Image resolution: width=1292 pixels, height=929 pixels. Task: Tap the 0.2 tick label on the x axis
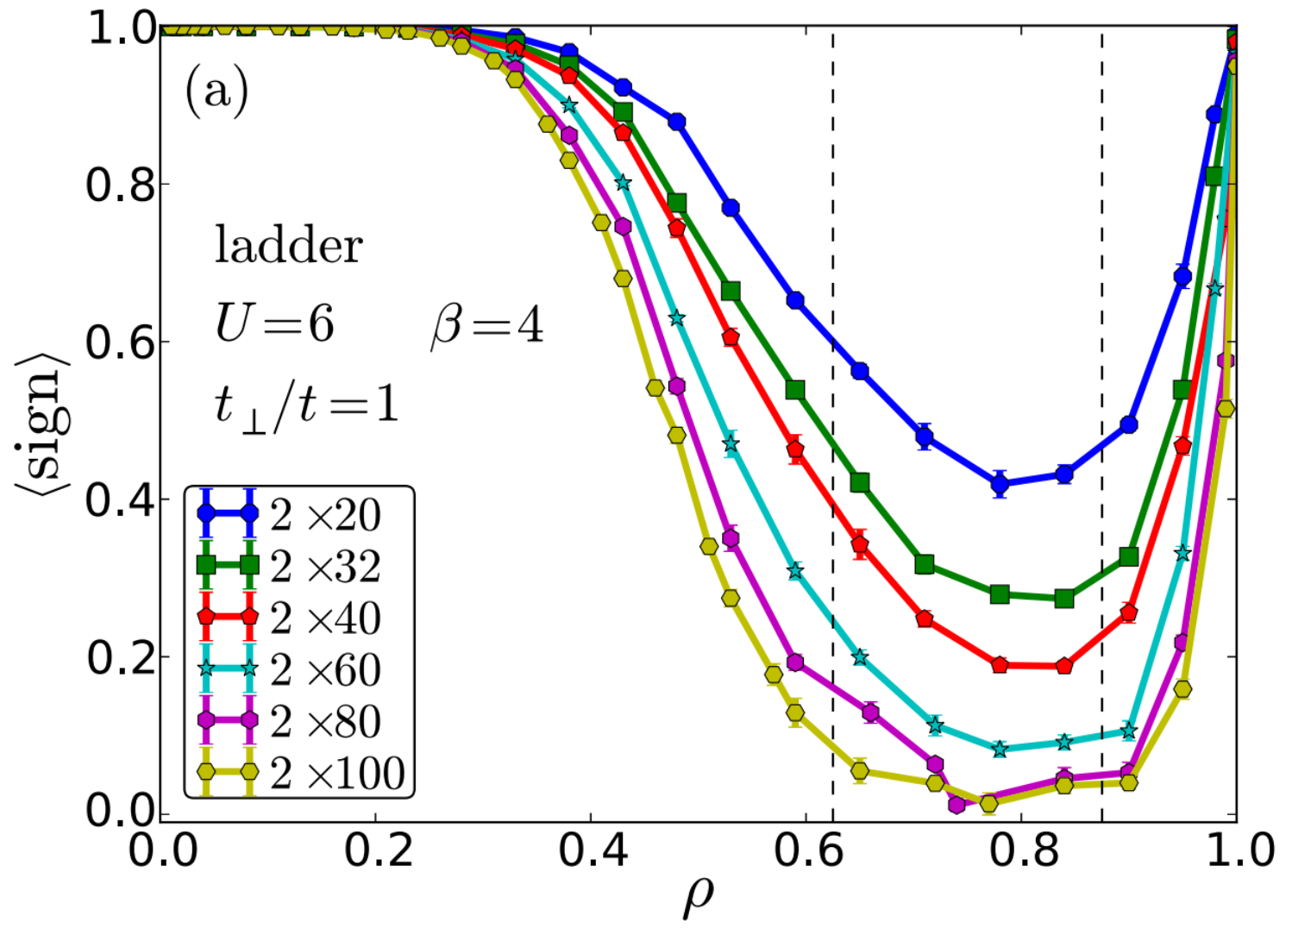376,851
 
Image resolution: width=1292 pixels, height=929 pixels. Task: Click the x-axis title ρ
698,897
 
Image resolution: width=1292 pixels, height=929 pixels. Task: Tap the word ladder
288,247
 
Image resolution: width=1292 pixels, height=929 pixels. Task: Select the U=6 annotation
274,324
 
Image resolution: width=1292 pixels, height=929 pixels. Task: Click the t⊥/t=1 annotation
306,404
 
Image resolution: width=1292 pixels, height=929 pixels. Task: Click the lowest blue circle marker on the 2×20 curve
1000,484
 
